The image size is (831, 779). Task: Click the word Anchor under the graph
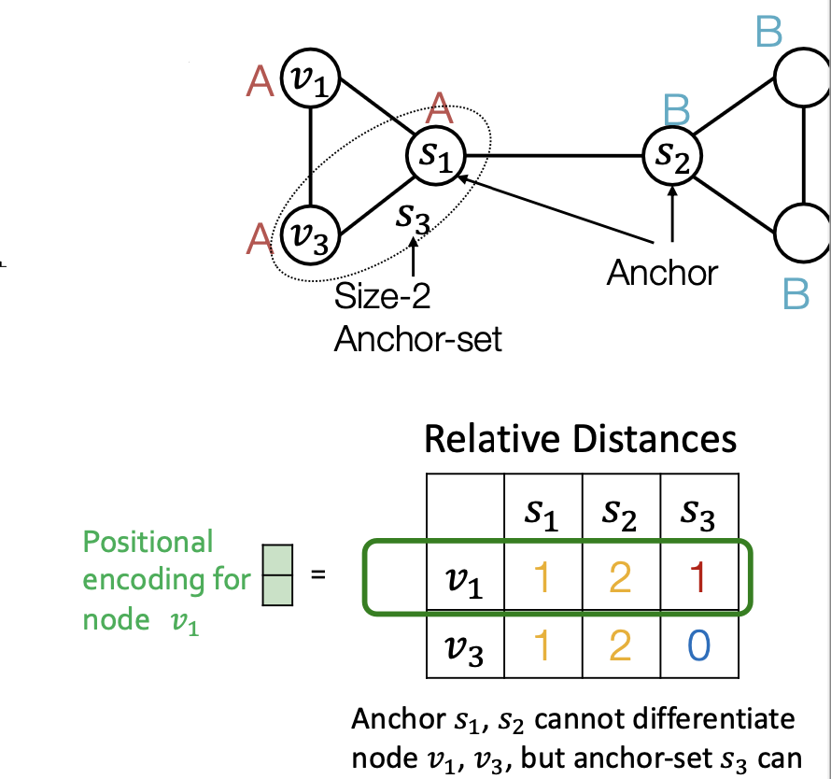click(x=662, y=273)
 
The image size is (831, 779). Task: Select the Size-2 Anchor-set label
click(x=417, y=318)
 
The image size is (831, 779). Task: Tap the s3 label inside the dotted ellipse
click(x=412, y=217)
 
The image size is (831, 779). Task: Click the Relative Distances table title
click(x=580, y=438)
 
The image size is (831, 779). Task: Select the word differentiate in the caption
click(x=708, y=720)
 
